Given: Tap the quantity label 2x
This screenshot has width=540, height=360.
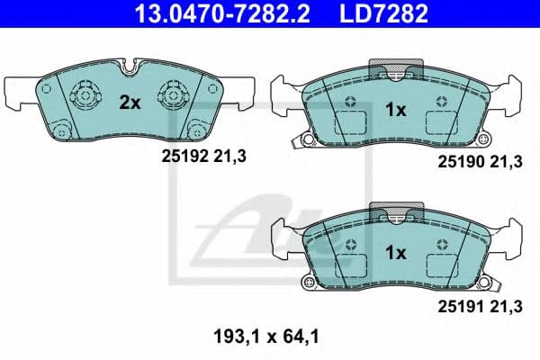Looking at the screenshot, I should [130, 103].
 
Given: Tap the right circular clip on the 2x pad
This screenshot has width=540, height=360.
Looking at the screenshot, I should [171, 94].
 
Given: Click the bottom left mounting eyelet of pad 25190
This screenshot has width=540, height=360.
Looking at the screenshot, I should [307, 140].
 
